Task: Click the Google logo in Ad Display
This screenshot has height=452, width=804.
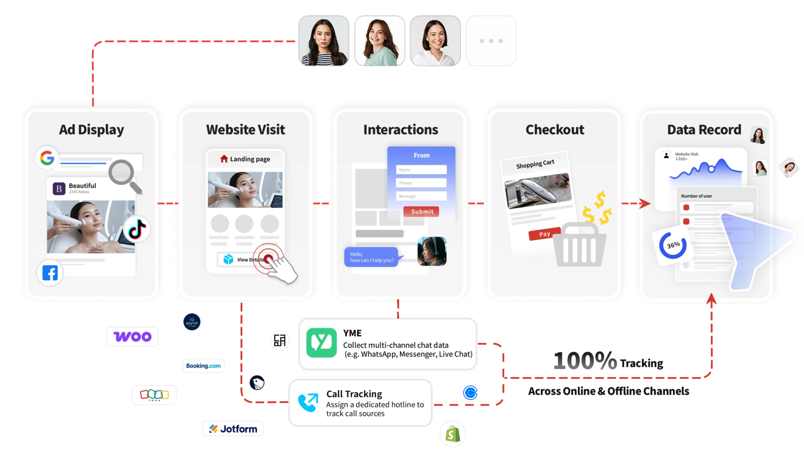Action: [x=47, y=158]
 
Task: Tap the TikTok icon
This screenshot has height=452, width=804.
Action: [x=137, y=230]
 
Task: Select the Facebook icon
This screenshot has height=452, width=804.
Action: [x=50, y=273]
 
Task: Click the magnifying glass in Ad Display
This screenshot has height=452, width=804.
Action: [x=125, y=176]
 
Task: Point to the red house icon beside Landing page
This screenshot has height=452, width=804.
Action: [x=224, y=159]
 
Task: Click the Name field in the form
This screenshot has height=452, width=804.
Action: [x=421, y=170]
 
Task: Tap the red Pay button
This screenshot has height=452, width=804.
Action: [x=545, y=235]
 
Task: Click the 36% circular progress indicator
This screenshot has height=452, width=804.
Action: [x=673, y=245]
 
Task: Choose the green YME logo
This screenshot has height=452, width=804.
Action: [x=322, y=343]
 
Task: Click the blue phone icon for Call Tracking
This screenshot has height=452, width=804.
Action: [x=308, y=402]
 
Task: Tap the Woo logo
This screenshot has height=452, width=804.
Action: [x=133, y=337]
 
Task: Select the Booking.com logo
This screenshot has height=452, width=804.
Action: [x=203, y=366]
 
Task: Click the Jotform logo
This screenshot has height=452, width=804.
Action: [x=233, y=428]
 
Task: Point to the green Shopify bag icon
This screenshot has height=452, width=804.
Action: [x=453, y=434]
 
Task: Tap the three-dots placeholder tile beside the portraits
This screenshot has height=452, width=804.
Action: [x=491, y=41]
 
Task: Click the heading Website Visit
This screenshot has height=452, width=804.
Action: [x=246, y=130]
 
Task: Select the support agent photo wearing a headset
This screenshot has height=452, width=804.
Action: [x=432, y=251]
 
